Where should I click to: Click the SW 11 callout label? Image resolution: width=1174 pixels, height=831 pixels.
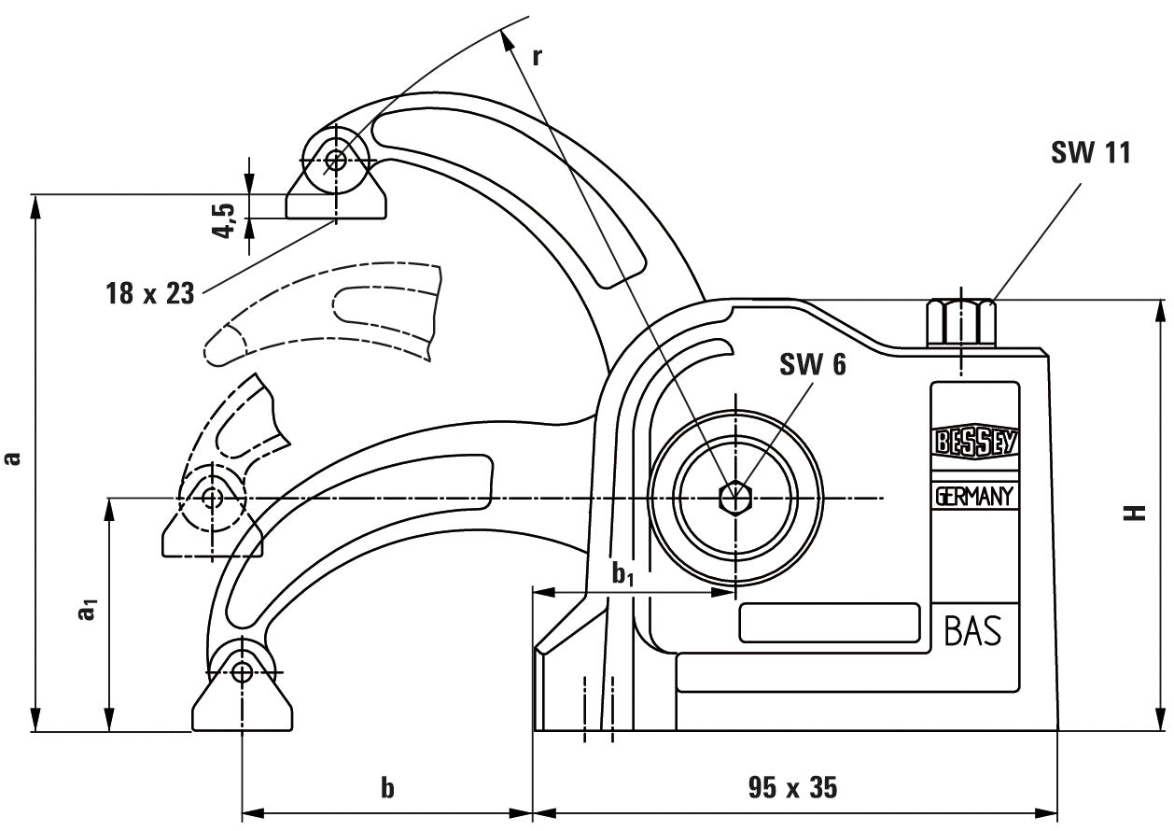click(1090, 153)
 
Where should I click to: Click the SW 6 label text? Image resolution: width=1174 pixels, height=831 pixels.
click(813, 365)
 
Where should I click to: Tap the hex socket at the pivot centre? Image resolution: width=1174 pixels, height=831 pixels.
click(735, 498)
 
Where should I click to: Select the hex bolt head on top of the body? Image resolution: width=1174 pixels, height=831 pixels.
click(961, 322)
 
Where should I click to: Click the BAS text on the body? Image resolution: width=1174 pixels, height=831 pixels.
click(972, 632)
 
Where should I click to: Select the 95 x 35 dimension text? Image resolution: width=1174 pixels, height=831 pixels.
click(792, 788)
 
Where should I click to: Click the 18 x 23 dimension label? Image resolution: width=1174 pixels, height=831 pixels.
click(149, 293)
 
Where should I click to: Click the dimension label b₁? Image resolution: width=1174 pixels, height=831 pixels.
click(622, 575)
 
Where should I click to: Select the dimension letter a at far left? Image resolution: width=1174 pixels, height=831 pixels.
click(12, 458)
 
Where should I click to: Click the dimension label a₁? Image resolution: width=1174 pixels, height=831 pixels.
click(87, 612)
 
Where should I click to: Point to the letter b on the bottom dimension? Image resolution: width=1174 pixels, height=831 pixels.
click(387, 789)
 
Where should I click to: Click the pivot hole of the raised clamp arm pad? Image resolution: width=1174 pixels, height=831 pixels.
click(336, 161)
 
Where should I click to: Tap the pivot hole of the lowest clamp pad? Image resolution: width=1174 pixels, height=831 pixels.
click(243, 671)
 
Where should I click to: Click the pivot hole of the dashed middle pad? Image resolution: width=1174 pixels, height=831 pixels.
click(213, 498)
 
